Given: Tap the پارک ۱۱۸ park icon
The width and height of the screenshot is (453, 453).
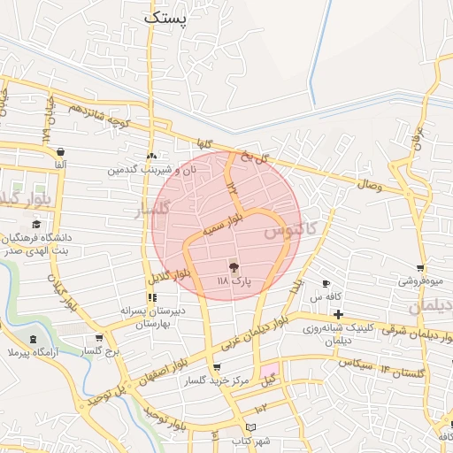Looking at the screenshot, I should [x=234, y=266].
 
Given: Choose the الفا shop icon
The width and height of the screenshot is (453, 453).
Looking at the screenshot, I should [x=59, y=152].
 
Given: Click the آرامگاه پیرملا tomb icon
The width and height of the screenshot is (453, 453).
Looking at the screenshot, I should [x=33, y=339].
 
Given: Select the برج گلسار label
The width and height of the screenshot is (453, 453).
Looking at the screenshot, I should [x=99, y=351].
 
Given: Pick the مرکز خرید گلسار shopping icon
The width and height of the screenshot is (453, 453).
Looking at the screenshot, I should [x=216, y=367].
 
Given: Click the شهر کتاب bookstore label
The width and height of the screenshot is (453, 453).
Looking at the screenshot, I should [x=251, y=440].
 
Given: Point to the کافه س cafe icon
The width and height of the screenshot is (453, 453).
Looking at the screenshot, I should [x=326, y=283].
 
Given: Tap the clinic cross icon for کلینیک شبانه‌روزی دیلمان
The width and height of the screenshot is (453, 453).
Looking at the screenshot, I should [x=339, y=314].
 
